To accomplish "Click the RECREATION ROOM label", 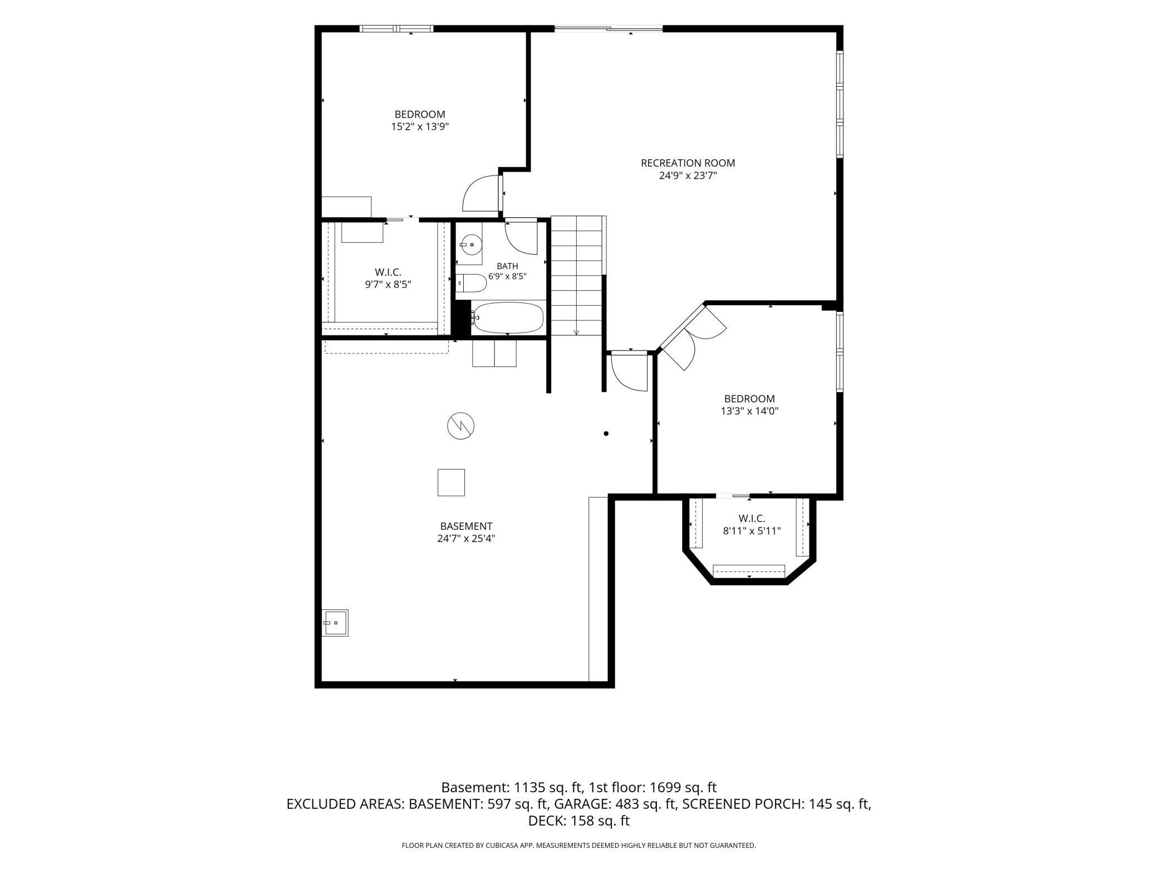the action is click(x=688, y=163).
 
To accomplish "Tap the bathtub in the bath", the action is click(x=508, y=318).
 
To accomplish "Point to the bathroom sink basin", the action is click(x=472, y=243).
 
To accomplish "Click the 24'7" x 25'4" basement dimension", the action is click(x=466, y=539).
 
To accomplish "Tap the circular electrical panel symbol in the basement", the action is click(x=461, y=426).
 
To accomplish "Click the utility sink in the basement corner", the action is click(x=336, y=622).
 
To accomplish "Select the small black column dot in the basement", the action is click(x=606, y=433).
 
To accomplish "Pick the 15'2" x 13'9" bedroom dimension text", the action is click(x=420, y=126).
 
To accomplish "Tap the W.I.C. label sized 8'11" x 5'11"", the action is click(x=752, y=519).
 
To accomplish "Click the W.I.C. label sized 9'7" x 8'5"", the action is click(x=388, y=272).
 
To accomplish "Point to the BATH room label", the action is click(x=507, y=266).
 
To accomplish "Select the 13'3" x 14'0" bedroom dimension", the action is click(x=749, y=411).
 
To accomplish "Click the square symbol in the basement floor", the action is click(x=451, y=482).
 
